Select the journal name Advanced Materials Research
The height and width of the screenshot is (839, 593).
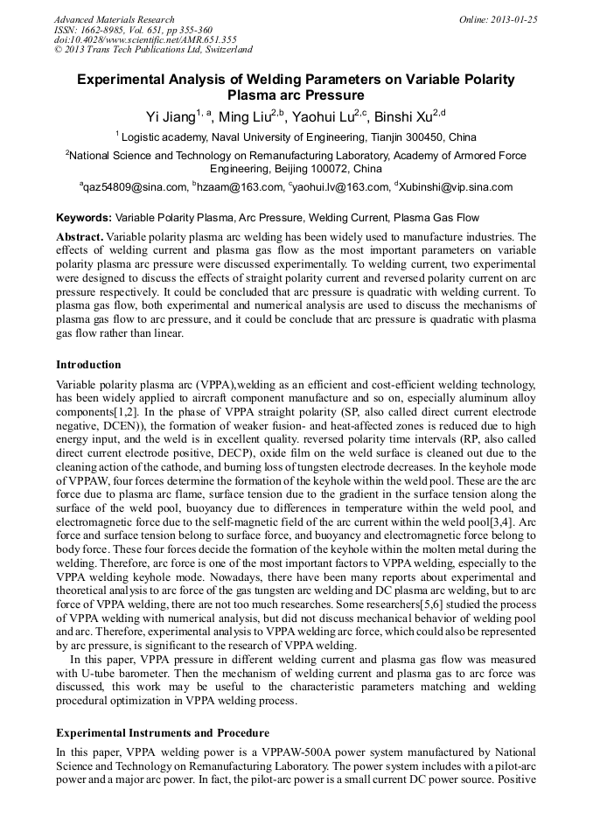(114, 19)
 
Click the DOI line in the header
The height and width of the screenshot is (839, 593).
(145, 40)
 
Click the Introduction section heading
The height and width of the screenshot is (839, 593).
(88, 364)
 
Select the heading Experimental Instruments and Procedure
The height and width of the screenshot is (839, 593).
(163, 732)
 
